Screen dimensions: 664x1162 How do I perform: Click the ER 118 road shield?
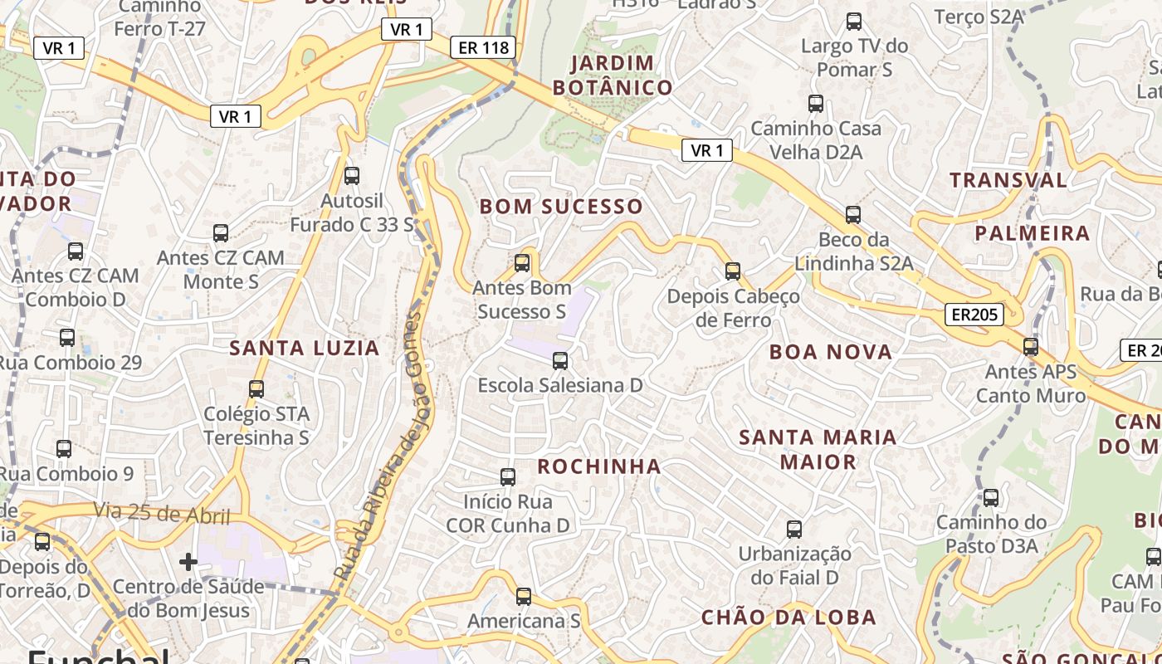click(x=484, y=47)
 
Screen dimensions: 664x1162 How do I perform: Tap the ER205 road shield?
click(x=974, y=315)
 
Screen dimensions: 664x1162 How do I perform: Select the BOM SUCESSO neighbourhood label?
click(x=561, y=207)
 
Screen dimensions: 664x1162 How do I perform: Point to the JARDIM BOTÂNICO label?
click(x=613, y=76)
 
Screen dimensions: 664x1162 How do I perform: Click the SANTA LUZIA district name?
click(x=305, y=348)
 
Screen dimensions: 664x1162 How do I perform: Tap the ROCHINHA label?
click(x=599, y=466)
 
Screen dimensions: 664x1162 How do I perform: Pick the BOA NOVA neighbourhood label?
click(x=831, y=352)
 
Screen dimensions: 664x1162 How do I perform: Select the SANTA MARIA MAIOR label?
click(x=818, y=449)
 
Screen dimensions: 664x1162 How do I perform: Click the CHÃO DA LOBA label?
click(x=788, y=618)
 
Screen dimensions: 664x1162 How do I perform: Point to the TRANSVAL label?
click(x=1008, y=180)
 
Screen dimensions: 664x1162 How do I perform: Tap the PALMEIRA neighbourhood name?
click(x=1033, y=233)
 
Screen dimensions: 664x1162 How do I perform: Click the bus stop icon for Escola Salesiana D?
click(x=560, y=361)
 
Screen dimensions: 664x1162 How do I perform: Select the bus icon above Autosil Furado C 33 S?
click(x=352, y=176)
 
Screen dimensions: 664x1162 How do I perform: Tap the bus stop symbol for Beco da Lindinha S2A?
click(x=853, y=215)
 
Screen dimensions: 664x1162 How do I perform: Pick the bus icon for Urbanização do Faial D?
click(x=794, y=530)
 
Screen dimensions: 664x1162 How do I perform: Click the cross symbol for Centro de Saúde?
click(x=188, y=562)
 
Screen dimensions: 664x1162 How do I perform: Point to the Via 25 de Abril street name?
click(x=161, y=513)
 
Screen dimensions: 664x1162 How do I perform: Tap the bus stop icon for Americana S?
click(x=523, y=597)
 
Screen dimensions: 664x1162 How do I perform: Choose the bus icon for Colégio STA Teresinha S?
click(x=256, y=389)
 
